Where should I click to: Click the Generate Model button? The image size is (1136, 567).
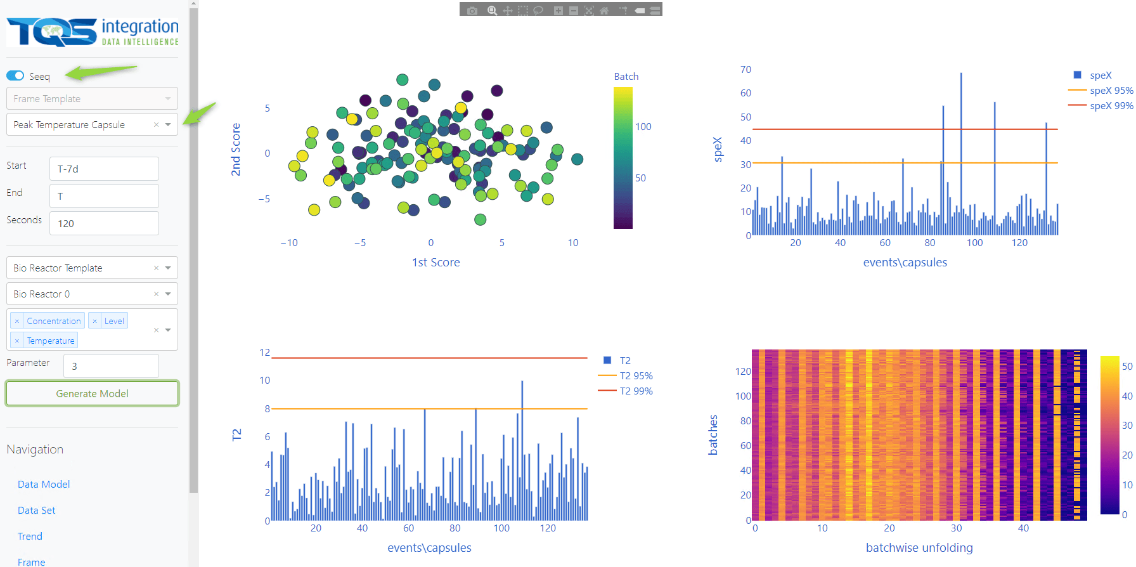(92, 393)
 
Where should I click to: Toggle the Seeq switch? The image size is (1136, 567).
(15, 76)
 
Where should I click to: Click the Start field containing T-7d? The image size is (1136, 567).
(104, 169)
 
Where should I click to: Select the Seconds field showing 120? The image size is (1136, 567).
(104, 223)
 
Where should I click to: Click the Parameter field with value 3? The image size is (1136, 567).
(110, 366)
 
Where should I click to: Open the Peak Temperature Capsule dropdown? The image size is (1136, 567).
(168, 124)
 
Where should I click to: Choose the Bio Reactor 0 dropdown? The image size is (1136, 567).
(168, 294)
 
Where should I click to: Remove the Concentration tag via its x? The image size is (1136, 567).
(17, 321)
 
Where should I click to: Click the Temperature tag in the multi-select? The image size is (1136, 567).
(51, 341)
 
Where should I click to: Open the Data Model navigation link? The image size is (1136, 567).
(44, 484)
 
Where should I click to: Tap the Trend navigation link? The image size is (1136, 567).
(30, 536)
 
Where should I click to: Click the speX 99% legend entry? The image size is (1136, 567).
(1111, 106)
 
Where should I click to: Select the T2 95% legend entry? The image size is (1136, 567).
(636, 375)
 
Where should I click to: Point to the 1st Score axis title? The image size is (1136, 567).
(436, 262)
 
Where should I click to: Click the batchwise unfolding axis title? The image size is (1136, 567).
(919, 547)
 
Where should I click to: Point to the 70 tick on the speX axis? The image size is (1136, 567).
(745, 70)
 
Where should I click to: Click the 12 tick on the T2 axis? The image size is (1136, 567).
(264, 353)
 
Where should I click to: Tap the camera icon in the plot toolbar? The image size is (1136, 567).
(472, 10)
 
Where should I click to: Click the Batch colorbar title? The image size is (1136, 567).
(626, 76)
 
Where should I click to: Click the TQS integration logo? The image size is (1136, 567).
(93, 32)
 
